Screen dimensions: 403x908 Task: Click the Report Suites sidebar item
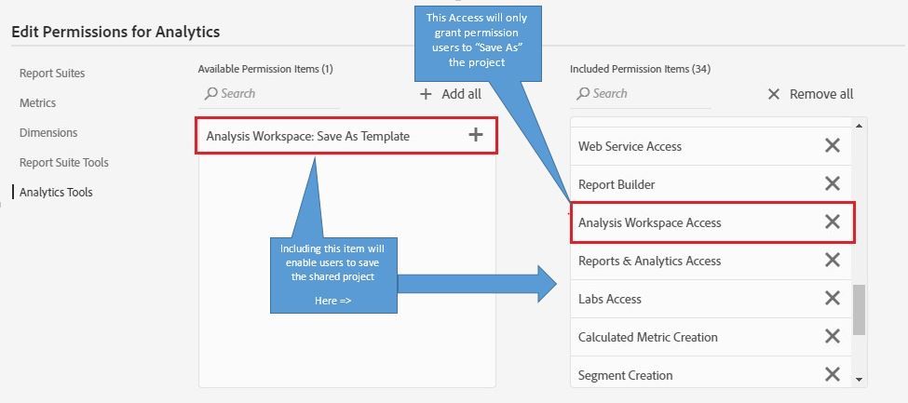coord(52,74)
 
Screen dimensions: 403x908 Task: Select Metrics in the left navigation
coord(38,103)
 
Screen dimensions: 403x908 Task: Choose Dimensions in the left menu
coord(48,133)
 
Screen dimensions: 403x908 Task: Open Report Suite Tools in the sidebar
coord(64,163)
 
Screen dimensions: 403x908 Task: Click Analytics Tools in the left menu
coord(56,193)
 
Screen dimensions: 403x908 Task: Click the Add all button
coord(451,94)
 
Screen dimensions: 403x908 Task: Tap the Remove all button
coord(810,94)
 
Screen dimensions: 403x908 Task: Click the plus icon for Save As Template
coord(476,135)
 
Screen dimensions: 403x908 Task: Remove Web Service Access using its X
coord(833,145)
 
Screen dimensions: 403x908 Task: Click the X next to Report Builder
coord(833,183)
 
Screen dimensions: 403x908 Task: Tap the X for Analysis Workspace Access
coord(833,222)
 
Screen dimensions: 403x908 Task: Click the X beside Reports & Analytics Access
coord(833,260)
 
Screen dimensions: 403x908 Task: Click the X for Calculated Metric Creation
coord(833,336)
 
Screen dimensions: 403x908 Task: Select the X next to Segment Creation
coord(833,374)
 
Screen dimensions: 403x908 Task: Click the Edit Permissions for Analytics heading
coord(115,32)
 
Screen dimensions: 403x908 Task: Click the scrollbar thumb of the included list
coord(860,309)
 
